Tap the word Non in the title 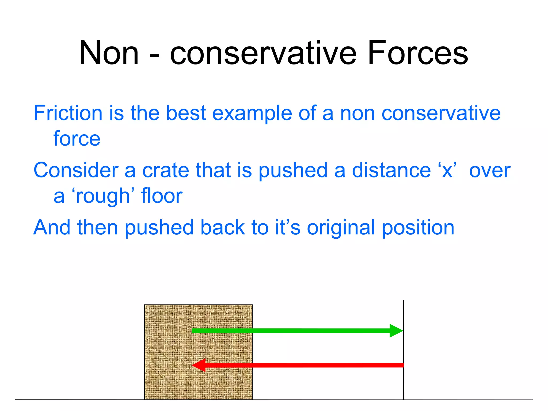pos(109,53)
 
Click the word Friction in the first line pos(68,113)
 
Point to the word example pos(252,113)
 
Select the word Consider pos(76,170)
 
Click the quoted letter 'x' pos(447,170)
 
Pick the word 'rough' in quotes pos(103,196)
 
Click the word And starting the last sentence pos(52,227)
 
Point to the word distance pos(391,170)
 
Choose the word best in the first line pos(186,113)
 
